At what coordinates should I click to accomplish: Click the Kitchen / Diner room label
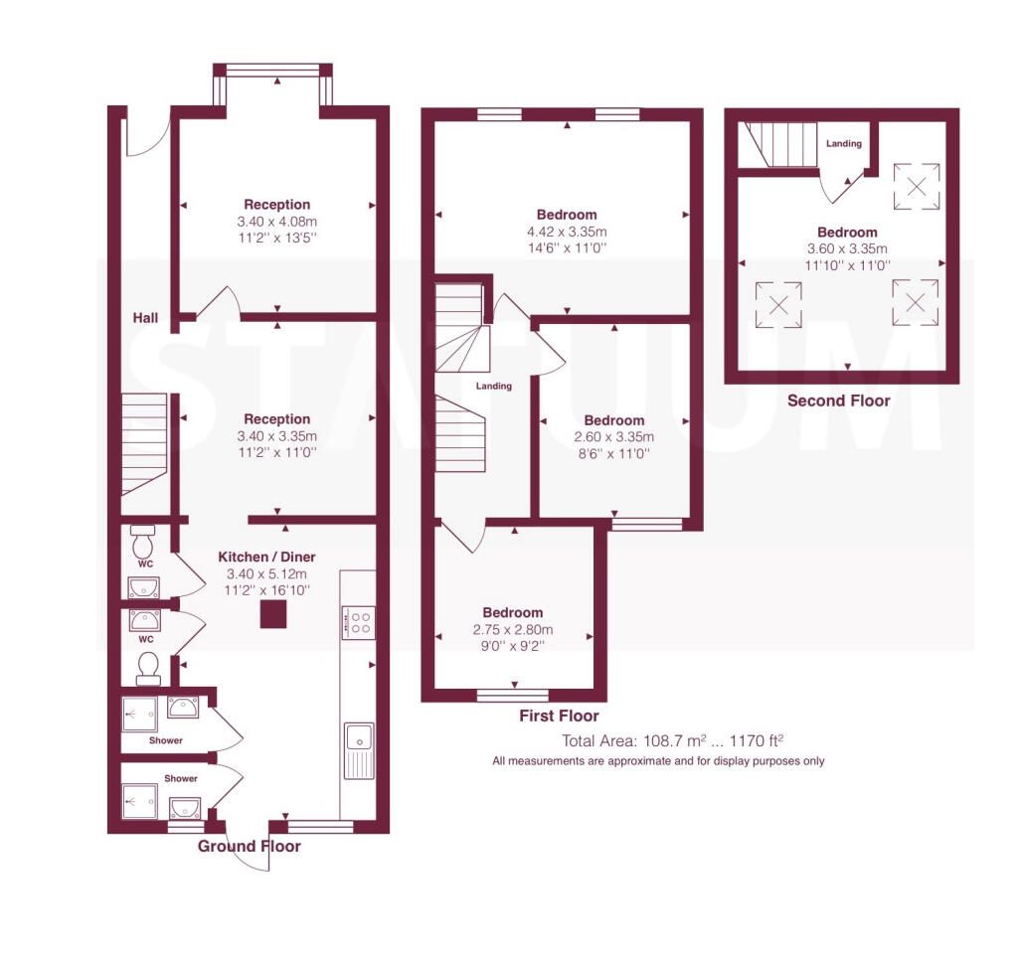266,557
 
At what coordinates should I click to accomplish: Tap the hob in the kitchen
358,623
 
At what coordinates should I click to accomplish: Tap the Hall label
147,318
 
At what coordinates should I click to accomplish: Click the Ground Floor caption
249,847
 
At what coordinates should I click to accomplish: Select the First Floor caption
560,716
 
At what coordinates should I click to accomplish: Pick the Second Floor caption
838,401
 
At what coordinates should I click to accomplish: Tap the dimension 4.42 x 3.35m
567,231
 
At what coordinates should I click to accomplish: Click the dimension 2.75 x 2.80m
513,629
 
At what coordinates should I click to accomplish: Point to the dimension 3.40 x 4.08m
277,222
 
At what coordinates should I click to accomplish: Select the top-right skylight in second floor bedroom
914,184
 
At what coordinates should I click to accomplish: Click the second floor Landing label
844,144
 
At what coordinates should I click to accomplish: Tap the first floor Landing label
494,386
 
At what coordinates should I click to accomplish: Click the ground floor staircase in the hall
143,442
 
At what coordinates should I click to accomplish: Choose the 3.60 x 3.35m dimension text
848,248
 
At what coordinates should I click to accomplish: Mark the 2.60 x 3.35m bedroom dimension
614,436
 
